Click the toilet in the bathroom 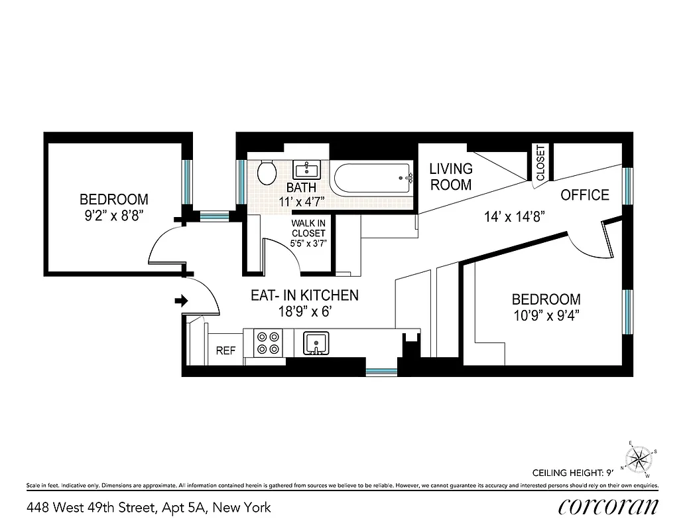267,173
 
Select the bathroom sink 307,170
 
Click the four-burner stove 268,343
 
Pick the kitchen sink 316,343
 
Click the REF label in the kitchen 225,351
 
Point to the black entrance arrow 181,301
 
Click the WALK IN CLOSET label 308,233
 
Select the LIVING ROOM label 451,177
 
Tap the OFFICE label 584,195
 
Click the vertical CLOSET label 540,163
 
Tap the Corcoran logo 608,507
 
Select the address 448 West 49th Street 149,508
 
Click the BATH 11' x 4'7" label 301,194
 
